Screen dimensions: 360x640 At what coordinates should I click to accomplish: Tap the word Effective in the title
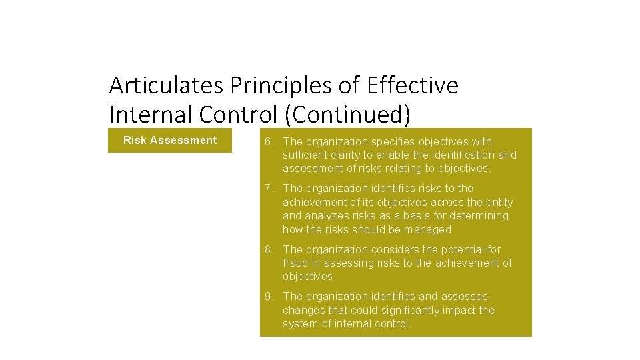point(413,85)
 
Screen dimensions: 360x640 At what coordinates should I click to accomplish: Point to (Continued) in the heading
point(347,115)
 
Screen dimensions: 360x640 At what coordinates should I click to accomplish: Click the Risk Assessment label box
point(170,140)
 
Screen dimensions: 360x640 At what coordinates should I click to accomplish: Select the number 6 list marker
point(267,141)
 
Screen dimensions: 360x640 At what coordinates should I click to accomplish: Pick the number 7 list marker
point(267,188)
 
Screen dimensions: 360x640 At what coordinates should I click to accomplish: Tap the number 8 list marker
point(267,249)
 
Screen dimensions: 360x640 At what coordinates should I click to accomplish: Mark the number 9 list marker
point(267,296)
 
